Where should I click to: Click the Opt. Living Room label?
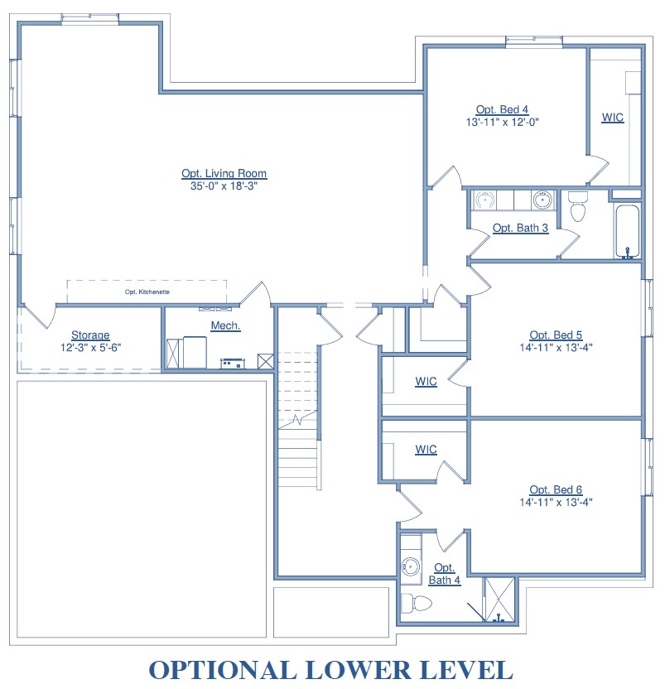coord(224,173)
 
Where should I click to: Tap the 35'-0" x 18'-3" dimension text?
coord(224,185)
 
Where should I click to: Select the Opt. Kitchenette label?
coord(147,291)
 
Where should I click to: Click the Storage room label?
coord(90,335)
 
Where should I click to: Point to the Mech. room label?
coord(225,325)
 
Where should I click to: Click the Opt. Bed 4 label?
coord(502,109)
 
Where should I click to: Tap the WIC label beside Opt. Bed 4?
coord(613,118)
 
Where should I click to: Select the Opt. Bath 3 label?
coord(520,228)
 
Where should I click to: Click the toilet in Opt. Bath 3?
coord(577,206)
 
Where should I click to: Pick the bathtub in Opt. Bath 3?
coord(627,232)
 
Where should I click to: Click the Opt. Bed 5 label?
coord(556,335)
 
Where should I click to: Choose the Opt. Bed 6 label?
coord(556,489)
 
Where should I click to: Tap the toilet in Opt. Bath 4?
coord(417,603)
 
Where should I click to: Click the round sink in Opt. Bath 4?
coord(411,566)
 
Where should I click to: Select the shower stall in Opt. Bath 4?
coord(499,600)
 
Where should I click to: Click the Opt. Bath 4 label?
coord(445,574)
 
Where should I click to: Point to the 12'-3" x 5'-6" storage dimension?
coord(90,348)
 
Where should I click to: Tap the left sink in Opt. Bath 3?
coord(484,200)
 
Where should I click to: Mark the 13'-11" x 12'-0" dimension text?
coord(503,123)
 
